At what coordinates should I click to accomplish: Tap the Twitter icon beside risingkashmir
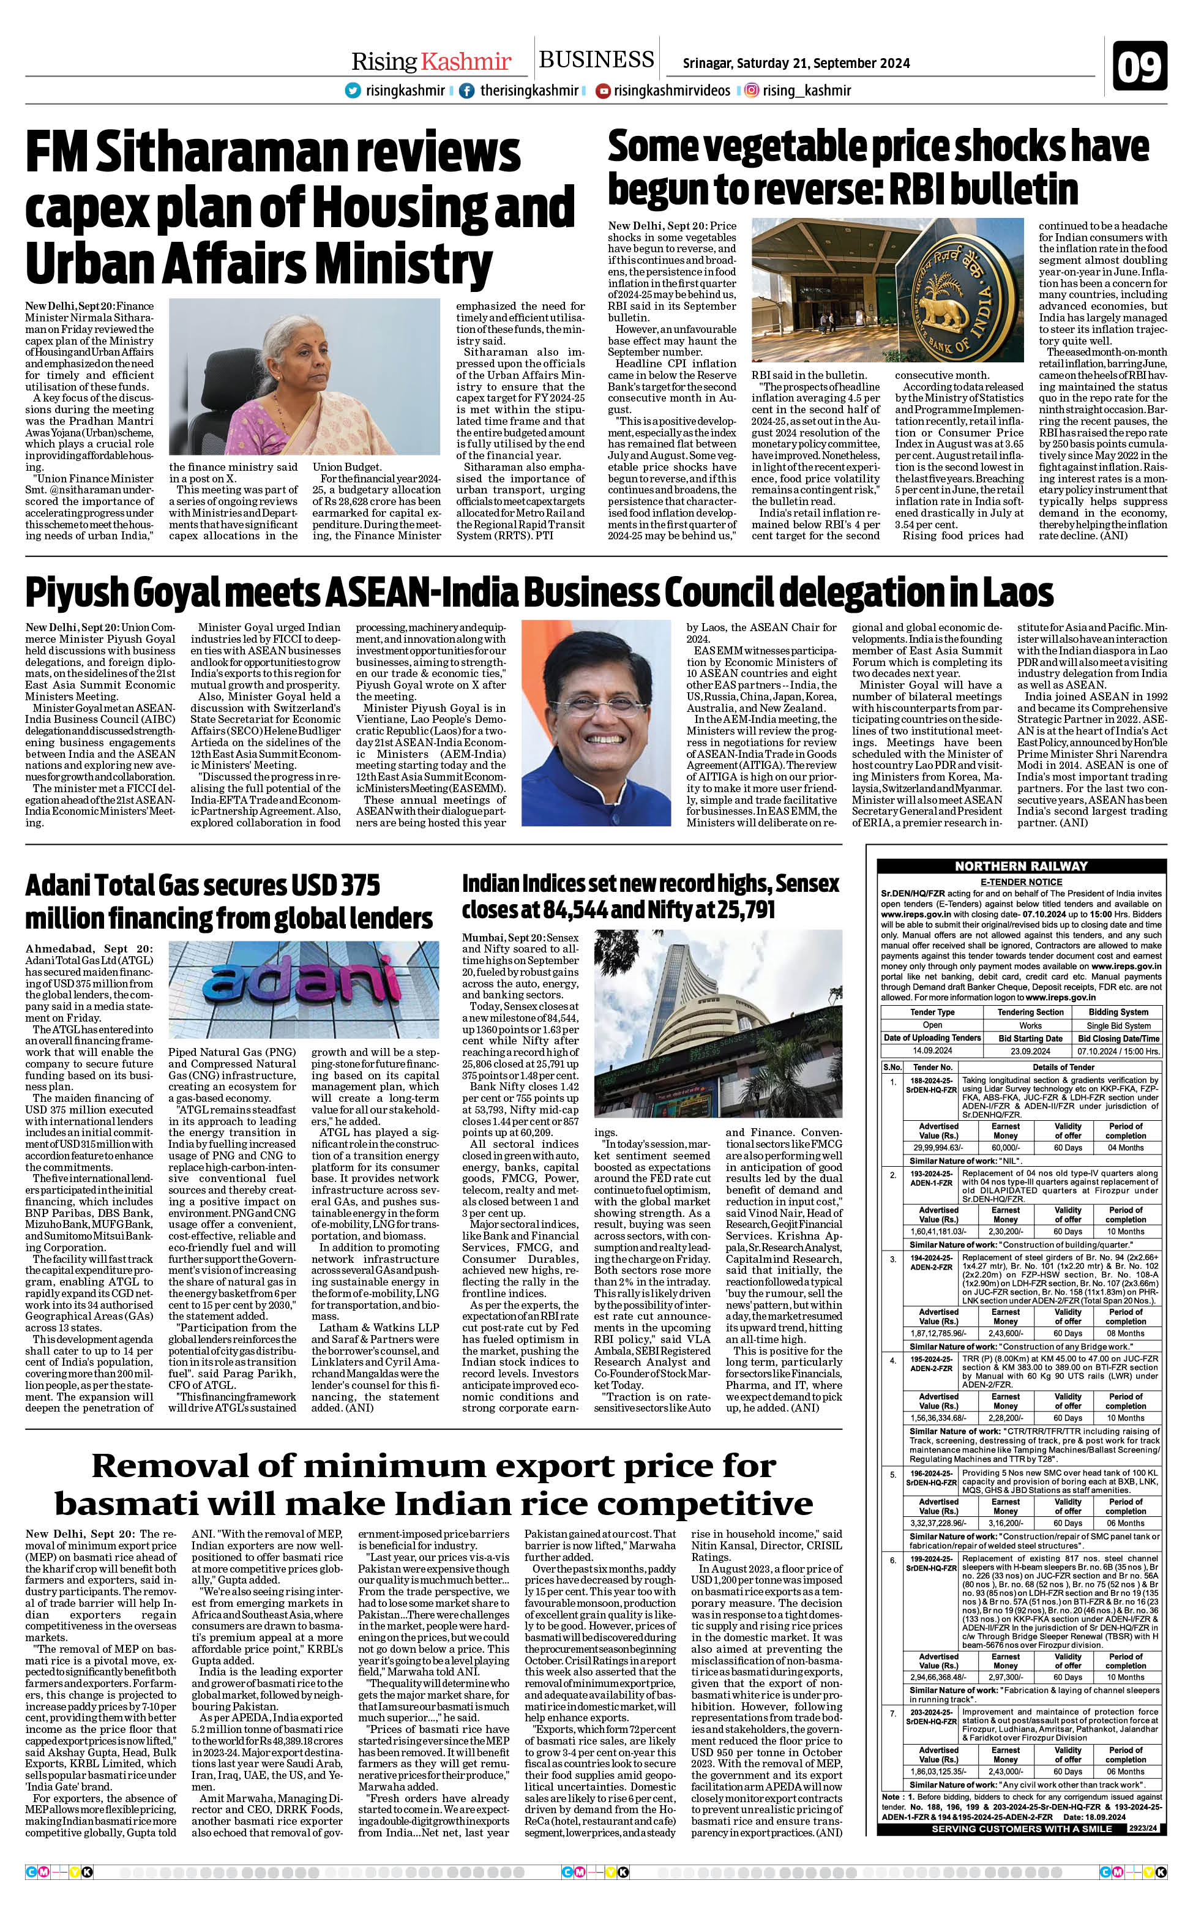(353, 91)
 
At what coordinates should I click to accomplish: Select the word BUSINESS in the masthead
(596, 60)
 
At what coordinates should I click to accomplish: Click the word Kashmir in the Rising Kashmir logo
(466, 62)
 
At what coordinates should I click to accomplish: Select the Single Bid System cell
(1118, 1025)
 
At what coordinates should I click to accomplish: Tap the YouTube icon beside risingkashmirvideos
(603, 91)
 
